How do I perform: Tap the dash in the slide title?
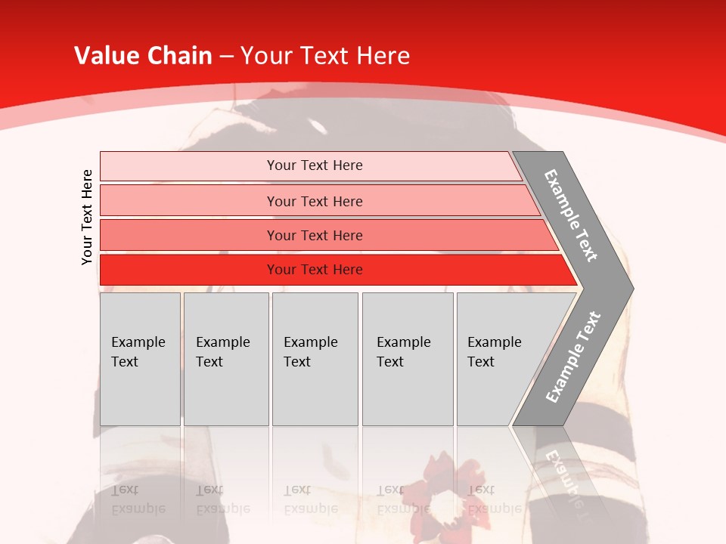point(226,57)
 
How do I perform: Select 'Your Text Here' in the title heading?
point(325,56)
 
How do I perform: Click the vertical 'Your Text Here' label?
point(87,217)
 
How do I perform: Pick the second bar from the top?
point(315,201)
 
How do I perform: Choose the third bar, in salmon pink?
point(315,235)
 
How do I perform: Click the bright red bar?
point(315,270)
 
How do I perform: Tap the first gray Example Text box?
point(140,359)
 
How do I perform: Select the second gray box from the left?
point(225,359)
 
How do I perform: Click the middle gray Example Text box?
point(315,359)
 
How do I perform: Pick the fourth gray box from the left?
point(407,359)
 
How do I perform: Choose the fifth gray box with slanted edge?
point(499,359)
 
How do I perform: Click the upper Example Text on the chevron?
point(571,216)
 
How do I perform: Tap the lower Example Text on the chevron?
point(572,357)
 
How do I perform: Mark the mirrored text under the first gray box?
point(138,499)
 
